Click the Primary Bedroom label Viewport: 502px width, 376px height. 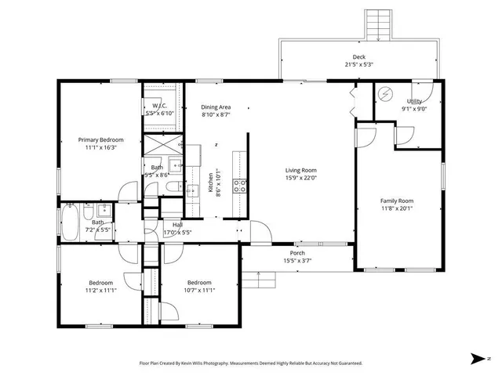click(101, 139)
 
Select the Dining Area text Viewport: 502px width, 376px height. click(215, 107)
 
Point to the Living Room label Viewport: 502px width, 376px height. click(300, 170)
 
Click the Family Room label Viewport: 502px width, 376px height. click(397, 201)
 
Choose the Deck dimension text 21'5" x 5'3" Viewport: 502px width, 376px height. click(358, 65)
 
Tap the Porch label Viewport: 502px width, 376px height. click(297, 252)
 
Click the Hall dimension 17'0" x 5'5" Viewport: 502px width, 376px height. click(177, 233)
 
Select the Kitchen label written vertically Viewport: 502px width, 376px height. click(210, 184)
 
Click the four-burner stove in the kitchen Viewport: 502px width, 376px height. click(241, 186)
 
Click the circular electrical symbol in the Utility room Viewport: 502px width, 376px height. click(384, 93)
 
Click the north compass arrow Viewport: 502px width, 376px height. click(477, 358)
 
